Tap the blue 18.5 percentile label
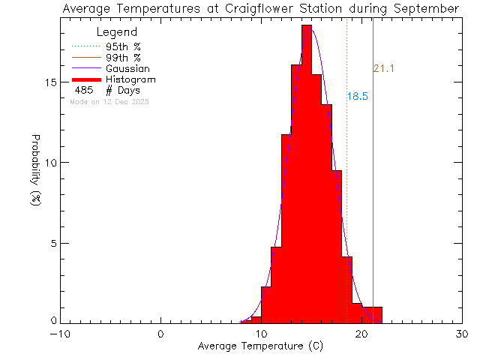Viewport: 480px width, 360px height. click(x=357, y=97)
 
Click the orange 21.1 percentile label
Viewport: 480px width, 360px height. click(x=383, y=69)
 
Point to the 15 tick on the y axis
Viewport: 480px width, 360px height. click(x=49, y=82)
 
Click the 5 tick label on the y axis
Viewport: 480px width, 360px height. click(x=52, y=243)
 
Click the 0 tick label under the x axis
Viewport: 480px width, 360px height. click(x=160, y=334)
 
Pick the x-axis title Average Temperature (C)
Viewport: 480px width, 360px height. click(x=261, y=346)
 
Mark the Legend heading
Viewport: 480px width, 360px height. click(x=117, y=33)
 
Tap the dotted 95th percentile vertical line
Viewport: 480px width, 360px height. click(x=346, y=187)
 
